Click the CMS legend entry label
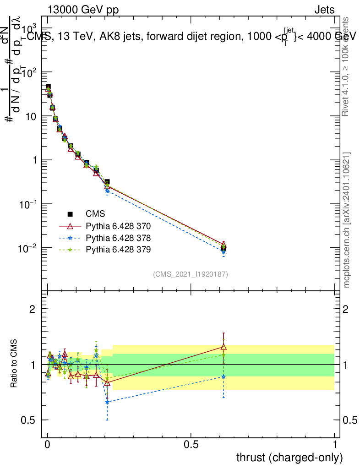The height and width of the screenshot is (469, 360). (95, 214)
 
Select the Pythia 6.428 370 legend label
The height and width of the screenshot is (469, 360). (118, 226)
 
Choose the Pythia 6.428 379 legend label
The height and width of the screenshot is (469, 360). (118, 250)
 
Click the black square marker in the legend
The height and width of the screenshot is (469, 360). (71, 214)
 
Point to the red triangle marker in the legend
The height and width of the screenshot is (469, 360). (71, 226)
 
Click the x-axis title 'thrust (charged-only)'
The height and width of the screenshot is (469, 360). (289, 457)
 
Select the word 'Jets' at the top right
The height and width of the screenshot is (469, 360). (324, 10)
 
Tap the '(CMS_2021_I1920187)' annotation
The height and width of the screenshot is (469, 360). (191, 274)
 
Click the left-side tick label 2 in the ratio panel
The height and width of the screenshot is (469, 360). (32, 309)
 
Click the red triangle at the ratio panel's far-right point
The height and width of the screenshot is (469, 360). (224, 347)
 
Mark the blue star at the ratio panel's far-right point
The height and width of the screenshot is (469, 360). (224, 376)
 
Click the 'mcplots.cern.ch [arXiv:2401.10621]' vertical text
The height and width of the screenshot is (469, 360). (347, 220)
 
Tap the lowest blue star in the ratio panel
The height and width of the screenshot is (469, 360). (107, 402)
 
